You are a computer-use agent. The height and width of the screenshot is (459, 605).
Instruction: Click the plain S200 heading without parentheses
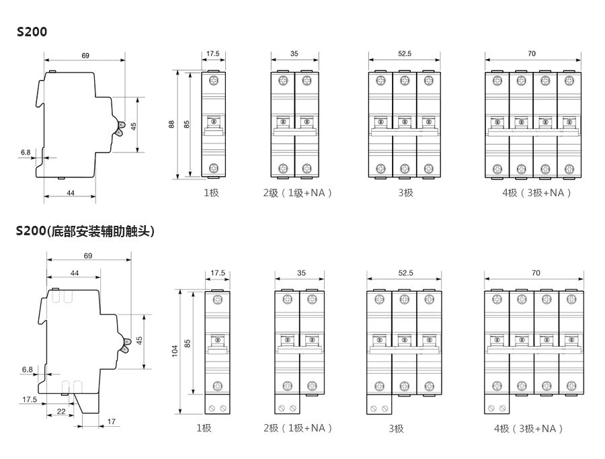32,31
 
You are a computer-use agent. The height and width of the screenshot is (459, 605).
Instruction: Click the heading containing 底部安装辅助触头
85,232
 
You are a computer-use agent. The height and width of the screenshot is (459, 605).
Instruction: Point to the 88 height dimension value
171,124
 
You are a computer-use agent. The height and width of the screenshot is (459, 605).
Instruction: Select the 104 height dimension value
175,350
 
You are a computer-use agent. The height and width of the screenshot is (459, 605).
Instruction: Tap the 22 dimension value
61,411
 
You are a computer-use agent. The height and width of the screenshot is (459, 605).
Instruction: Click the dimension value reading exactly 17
112,422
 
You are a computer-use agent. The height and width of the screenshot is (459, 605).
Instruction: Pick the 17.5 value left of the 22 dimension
30,399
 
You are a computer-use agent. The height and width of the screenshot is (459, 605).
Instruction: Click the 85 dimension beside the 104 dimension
188,343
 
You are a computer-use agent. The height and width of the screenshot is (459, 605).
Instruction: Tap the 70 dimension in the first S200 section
532,53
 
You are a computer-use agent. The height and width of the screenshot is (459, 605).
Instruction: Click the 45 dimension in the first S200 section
134,126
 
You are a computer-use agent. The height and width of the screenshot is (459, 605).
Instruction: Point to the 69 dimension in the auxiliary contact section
88,255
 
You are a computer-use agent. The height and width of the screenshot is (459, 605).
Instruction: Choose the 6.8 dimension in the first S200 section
26,153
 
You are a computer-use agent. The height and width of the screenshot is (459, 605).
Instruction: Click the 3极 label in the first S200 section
405,193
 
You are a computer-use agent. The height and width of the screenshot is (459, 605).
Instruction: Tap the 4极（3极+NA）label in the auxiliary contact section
528,429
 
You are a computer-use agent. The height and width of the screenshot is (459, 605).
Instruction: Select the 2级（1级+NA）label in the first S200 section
298,193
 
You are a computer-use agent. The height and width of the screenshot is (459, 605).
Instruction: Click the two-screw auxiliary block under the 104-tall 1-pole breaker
218,408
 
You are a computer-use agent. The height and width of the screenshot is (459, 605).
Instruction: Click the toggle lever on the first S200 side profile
120,128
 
